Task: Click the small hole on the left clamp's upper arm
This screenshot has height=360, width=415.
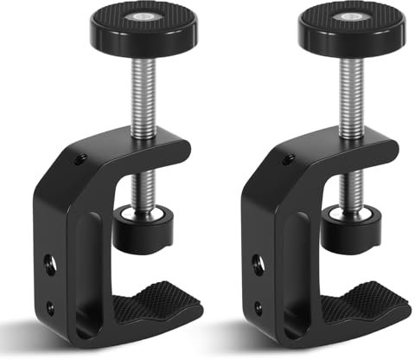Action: point(80,160)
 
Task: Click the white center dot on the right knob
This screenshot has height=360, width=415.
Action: point(354,16)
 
